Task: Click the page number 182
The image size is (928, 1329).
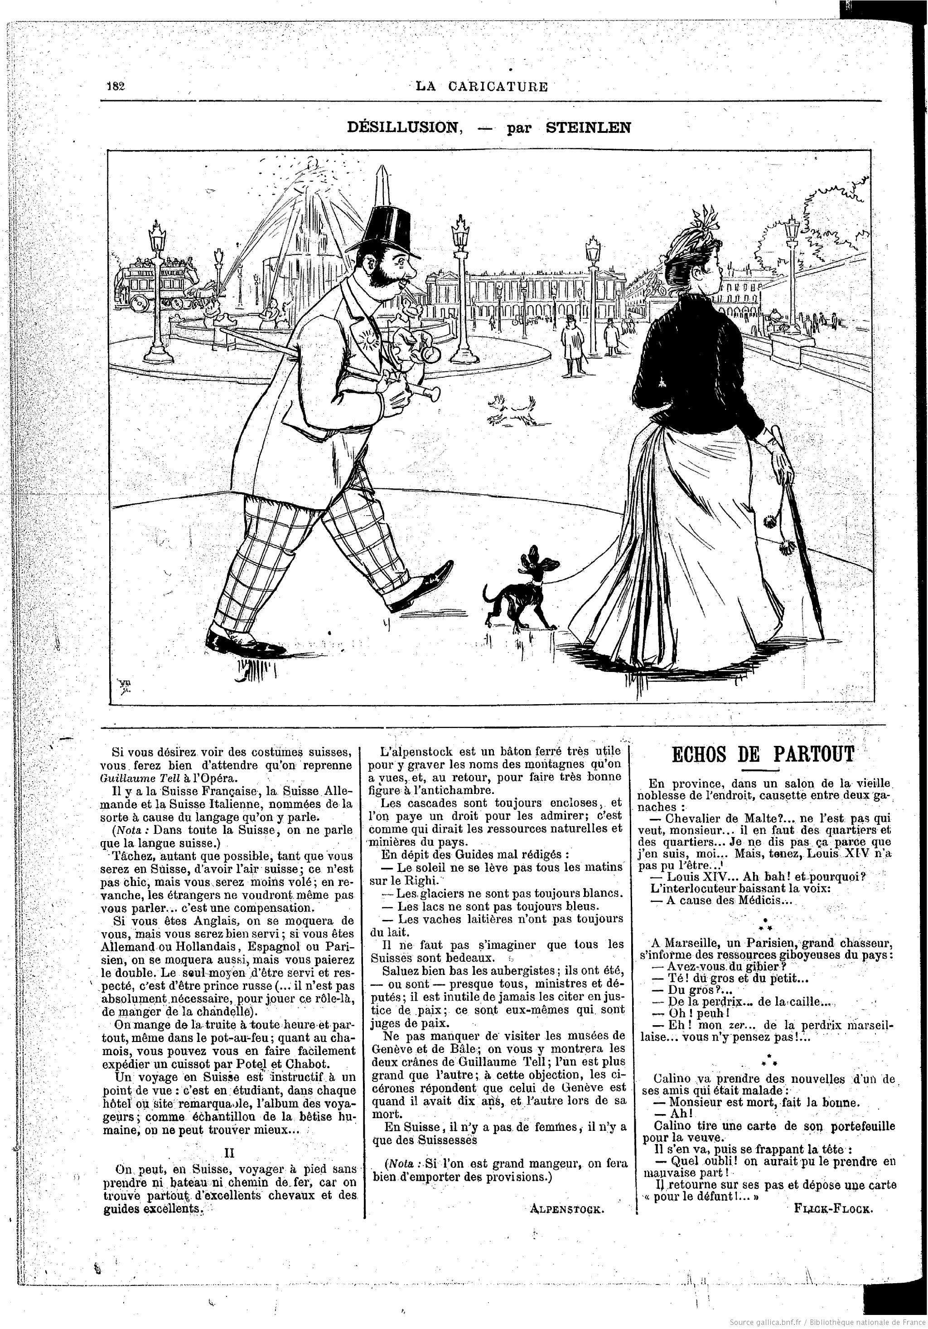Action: pos(116,86)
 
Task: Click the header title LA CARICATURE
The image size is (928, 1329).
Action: pos(481,87)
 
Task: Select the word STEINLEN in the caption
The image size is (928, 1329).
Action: pos(588,128)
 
